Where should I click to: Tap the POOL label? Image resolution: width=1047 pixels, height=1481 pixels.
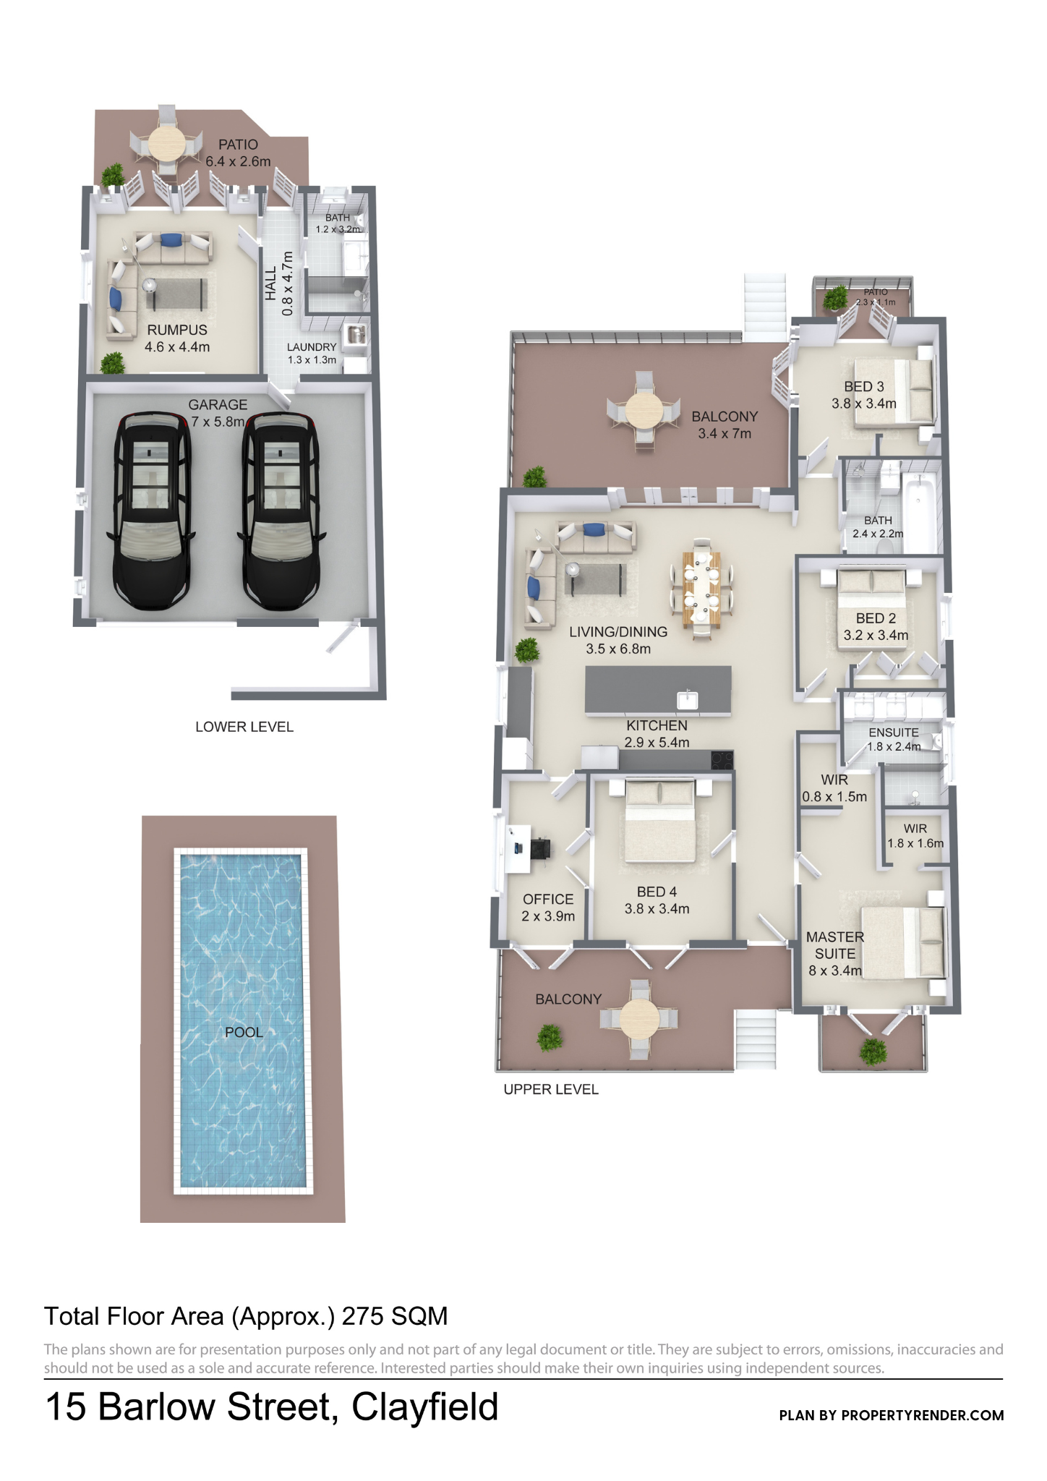244,1032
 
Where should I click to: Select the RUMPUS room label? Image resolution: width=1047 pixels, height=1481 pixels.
177,330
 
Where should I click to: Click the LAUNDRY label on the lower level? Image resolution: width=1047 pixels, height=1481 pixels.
312,347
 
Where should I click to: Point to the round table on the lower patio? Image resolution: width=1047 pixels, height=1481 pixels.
167,145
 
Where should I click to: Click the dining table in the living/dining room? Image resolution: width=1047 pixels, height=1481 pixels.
701,588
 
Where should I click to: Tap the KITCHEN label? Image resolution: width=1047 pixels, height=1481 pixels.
657,725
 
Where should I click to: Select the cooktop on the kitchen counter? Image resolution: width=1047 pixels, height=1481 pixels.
722,759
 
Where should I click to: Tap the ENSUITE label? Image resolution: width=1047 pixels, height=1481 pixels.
894,733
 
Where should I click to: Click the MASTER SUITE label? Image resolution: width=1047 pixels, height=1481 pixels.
835,945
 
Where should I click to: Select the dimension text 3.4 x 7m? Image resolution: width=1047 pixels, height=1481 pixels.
725,434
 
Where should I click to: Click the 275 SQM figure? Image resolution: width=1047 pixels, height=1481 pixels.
395,1316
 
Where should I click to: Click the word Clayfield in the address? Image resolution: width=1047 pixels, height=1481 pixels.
425,1407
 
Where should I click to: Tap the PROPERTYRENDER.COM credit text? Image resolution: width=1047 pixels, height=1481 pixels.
922,1415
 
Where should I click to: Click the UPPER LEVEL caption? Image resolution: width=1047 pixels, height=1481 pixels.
551,1090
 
